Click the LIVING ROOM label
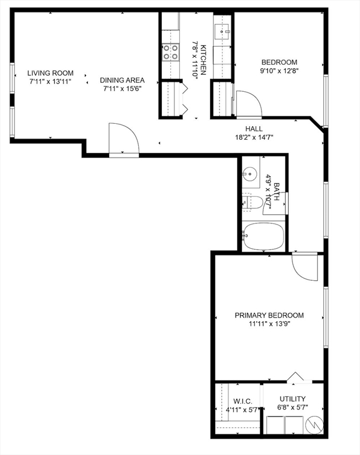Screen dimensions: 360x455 point(50,73)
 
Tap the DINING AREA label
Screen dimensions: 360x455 point(122,80)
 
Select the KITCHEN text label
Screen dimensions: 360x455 point(203,60)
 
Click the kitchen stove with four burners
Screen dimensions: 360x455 point(170,52)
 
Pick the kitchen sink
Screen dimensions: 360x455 point(222,31)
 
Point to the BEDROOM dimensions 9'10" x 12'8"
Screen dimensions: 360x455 point(279,71)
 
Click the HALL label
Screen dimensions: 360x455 point(254,129)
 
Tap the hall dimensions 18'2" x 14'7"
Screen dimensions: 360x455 point(254,137)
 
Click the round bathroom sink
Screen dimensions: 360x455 point(249,174)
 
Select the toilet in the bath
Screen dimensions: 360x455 point(252,201)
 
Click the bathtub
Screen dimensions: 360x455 point(263,236)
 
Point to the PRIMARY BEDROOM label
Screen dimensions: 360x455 point(269,315)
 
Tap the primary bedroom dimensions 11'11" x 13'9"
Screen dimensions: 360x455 point(269,324)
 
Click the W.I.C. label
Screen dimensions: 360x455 point(243,401)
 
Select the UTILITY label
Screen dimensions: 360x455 point(292,399)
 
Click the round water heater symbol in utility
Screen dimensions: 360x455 point(315,425)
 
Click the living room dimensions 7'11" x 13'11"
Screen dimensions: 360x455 point(50,82)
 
